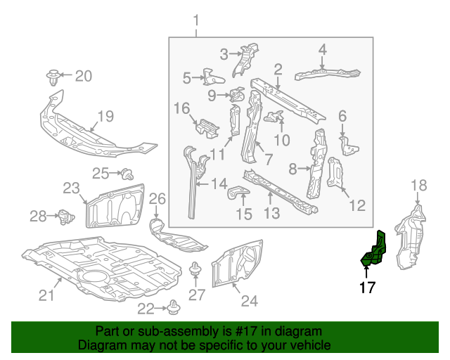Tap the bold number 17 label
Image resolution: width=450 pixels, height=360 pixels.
click(367, 287)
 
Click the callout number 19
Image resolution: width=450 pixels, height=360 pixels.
click(105, 117)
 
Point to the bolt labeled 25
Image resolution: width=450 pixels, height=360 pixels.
click(127, 172)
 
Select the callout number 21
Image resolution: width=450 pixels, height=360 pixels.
click(46, 296)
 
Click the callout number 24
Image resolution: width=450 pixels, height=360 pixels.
click(250, 301)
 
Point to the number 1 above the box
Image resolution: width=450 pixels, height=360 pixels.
click(196, 20)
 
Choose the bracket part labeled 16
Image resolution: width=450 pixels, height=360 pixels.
click(205, 127)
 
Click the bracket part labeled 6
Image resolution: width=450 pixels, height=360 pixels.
click(349, 146)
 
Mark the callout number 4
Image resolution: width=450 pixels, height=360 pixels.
click(322, 49)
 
